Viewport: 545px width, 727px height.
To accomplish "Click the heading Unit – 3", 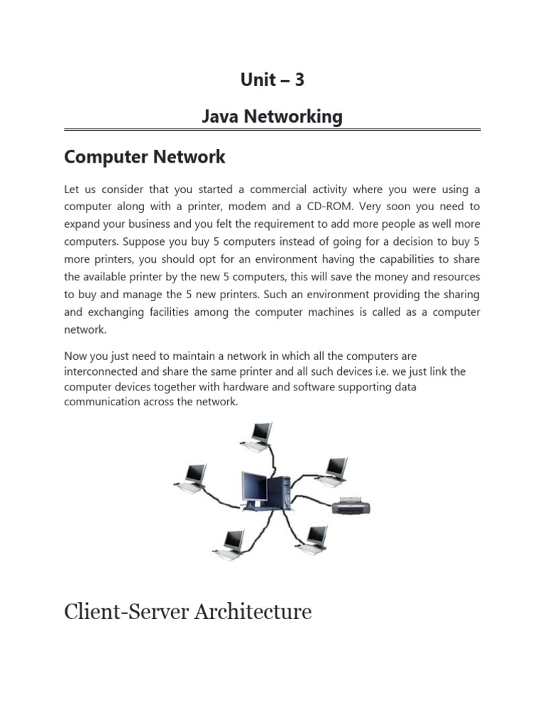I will pyautogui.click(x=272, y=80).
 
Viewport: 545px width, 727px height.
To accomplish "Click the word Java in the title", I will pyautogui.click(x=219, y=116).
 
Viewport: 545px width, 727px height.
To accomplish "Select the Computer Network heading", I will pyautogui.click(x=145, y=157).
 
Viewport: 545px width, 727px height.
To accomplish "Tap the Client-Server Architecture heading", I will pyautogui.click(x=187, y=611).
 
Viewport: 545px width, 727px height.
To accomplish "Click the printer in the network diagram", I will pyautogui.click(x=351, y=505).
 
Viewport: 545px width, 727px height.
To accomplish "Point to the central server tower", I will pyautogui.click(x=279, y=492).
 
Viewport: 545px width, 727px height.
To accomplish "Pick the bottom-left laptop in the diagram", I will pyautogui.click(x=230, y=543).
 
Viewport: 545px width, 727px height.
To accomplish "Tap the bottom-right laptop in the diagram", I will pyautogui.click(x=313, y=540).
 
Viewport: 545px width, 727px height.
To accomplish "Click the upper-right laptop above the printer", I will pyautogui.click(x=334, y=470).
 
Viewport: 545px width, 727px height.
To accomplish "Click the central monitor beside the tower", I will pyautogui.click(x=253, y=489).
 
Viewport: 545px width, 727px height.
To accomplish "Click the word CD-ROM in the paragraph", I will pyautogui.click(x=382, y=207).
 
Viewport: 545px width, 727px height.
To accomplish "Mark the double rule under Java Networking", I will pyautogui.click(x=272, y=131).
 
